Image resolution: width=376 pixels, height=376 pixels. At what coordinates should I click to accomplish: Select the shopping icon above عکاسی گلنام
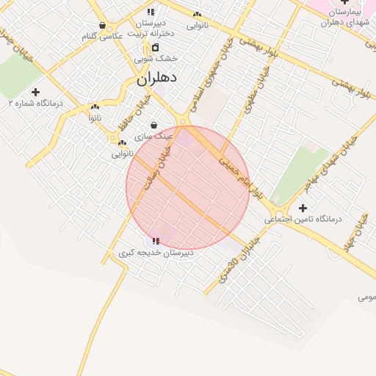coord(102,26)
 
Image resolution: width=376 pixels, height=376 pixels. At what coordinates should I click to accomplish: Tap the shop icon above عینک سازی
coord(153,126)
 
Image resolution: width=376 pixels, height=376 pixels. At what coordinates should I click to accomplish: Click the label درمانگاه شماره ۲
coord(35,104)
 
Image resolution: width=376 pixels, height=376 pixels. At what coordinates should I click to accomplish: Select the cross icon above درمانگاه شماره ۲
coord(35,92)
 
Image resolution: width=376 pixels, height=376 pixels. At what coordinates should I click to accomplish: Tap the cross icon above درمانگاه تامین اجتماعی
coord(303,209)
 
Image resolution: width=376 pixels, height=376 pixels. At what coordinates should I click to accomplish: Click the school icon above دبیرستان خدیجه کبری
coord(156,241)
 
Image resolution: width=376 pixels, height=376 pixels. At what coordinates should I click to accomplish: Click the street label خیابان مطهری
coord(253,95)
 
